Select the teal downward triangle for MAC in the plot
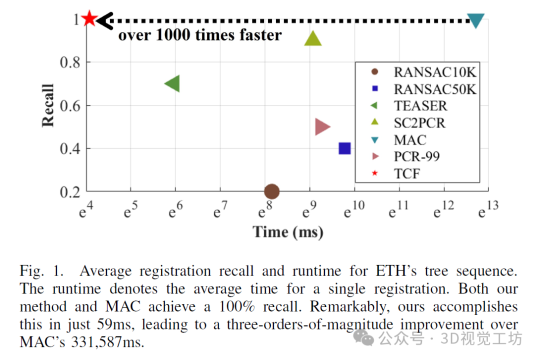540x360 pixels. (476, 20)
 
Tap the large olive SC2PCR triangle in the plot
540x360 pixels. (313, 39)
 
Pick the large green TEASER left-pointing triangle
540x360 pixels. (173, 84)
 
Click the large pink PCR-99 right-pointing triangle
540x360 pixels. (322, 127)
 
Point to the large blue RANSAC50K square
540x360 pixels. (344, 148)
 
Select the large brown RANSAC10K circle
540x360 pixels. (271, 191)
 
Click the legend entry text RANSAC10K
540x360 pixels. (434, 72)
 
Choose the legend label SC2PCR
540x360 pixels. (419, 122)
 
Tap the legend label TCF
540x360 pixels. (407, 173)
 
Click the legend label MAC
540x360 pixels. (410, 139)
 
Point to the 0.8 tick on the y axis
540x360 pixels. (70, 62)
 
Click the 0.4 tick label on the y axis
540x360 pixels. (70, 148)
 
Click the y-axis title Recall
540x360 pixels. (48, 105)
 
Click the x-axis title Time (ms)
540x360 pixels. (287, 232)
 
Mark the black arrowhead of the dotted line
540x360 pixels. (103, 20)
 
